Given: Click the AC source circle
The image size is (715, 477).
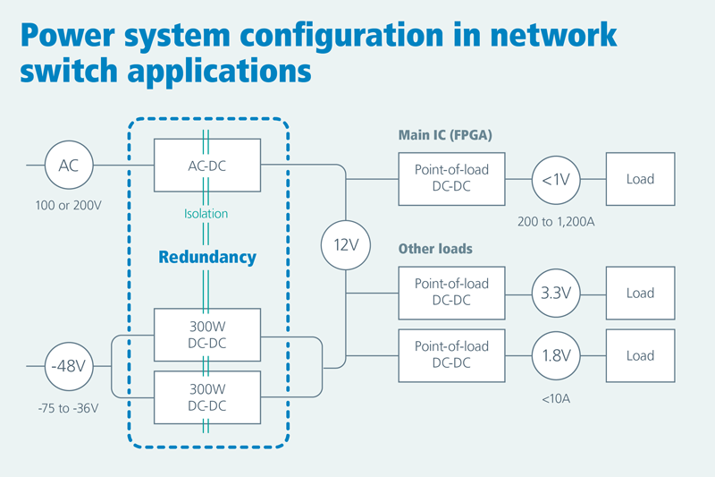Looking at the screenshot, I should (x=69, y=166).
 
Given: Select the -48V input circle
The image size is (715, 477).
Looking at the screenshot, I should (x=69, y=366).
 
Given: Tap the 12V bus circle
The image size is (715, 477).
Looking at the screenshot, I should (x=346, y=243).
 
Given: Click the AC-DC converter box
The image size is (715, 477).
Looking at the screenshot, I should (x=206, y=165).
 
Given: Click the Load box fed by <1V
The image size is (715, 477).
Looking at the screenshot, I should (x=640, y=178).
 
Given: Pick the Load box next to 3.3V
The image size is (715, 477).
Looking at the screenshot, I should (x=640, y=293).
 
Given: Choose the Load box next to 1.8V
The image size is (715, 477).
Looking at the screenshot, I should (x=640, y=355).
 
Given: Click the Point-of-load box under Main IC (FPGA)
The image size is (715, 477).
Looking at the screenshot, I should (x=451, y=178).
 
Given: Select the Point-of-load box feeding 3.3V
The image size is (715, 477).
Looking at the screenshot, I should (x=451, y=293).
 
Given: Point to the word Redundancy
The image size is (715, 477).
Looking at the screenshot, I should (x=207, y=258).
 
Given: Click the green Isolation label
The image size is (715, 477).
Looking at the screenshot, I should (x=206, y=214).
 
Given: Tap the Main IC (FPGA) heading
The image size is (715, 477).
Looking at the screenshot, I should (x=445, y=136).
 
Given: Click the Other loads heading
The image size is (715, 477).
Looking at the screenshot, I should (x=435, y=248).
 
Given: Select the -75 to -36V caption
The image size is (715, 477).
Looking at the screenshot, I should (x=68, y=408).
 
